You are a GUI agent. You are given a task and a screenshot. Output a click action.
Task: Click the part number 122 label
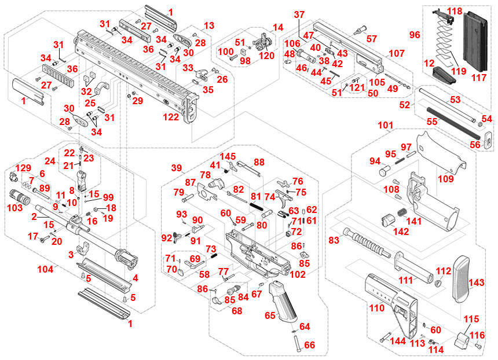[171, 116]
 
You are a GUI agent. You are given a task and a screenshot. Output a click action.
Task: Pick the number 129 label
[23, 167]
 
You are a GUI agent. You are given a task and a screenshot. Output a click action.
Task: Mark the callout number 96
[415, 35]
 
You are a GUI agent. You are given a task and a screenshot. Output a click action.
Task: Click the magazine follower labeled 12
[444, 74]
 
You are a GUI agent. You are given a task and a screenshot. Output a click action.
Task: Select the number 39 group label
[177, 167]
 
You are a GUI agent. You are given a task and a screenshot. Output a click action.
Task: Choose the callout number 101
[386, 124]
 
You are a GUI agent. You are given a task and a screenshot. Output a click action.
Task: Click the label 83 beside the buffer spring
[334, 240]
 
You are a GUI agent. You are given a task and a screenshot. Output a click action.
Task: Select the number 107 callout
[397, 53]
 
